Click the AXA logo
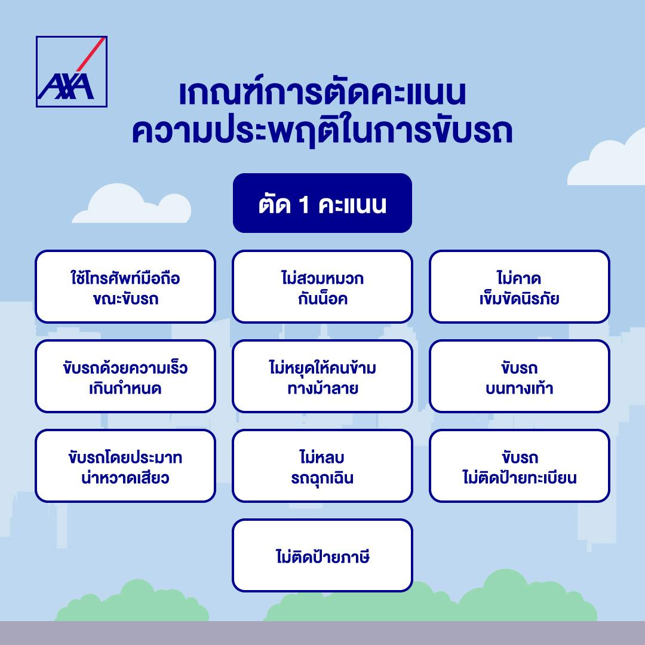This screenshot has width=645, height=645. click(x=72, y=72)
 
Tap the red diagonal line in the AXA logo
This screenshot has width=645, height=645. click(x=91, y=54)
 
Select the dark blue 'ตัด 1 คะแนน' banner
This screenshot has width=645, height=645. click(x=322, y=203)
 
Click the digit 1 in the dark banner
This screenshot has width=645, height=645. click(x=304, y=204)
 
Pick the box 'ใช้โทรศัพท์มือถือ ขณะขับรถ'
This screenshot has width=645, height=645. click(x=125, y=286)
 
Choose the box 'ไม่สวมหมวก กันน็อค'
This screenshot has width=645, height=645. click(x=322, y=286)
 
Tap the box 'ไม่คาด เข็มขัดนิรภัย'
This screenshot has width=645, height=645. click(x=519, y=286)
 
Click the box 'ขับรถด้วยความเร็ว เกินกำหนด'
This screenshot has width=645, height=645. click(x=125, y=376)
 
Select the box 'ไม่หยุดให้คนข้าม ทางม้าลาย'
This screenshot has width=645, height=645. click(x=322, y=376)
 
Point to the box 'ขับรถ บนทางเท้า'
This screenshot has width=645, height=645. click(x=519, y=376)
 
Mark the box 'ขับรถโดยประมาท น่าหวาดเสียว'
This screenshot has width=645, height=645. click(x=125, y=466)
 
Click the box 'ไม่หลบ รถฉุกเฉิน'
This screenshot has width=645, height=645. click(x=322, y=466)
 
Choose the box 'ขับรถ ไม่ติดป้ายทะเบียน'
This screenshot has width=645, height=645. click(x=519, y=466)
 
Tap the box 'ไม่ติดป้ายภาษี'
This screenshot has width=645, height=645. click(x=322, y=555)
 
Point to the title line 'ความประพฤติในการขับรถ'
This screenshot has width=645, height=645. click(x=322, y=131)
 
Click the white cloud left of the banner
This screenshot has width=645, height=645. click(x=131, y=204)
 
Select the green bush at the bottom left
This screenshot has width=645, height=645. click(x=131, y=601)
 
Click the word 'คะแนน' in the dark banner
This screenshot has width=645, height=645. click(x=352, y=204)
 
